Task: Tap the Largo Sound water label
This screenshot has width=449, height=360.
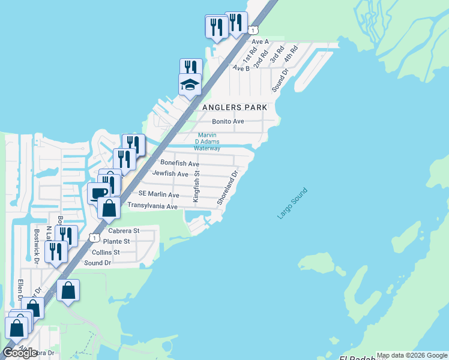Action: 292,203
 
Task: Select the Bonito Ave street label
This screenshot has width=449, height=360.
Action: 228,121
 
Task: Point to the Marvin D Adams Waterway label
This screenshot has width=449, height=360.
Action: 207,142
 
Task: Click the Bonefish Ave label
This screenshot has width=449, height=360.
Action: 179,163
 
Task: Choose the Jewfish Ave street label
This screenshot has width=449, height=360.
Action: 170,174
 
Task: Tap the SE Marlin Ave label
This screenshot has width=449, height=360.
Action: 158,194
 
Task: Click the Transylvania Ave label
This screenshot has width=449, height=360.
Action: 152,206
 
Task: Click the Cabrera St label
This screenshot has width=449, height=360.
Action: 124,230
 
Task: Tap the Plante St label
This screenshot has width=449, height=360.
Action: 118,241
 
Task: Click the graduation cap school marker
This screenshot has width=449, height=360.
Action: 190,84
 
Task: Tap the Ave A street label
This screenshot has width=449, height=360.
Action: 259,42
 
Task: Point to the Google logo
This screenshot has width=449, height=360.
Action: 20,352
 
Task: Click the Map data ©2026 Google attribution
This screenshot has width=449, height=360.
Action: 412,355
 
